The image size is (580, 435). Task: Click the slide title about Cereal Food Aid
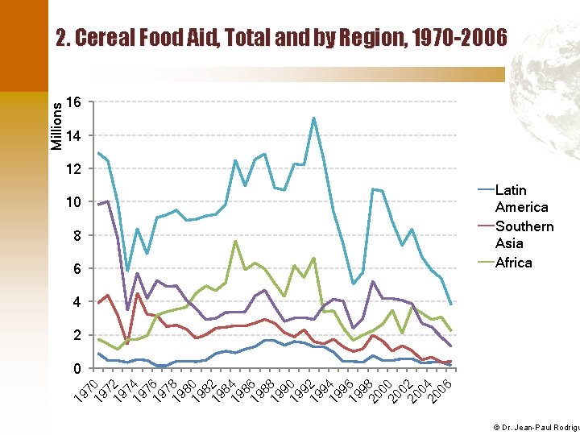(281, 38)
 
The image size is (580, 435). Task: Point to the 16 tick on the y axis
(73, 102)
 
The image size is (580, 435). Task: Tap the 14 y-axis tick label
(73, 136)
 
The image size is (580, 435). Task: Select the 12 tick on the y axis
(73, 169)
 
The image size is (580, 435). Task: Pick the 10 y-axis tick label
(73, 202)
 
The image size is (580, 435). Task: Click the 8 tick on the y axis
(77, 236)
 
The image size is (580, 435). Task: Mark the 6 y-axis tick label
(77, 269)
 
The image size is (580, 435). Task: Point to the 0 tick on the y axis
(77, 369)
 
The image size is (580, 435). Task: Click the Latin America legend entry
(521, 198)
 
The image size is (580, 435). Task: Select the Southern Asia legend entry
(524, 234)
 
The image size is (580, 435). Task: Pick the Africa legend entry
(513, 263)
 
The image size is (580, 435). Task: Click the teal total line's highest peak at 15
(314, 118)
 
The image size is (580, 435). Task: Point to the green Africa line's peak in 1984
(235, 241)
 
